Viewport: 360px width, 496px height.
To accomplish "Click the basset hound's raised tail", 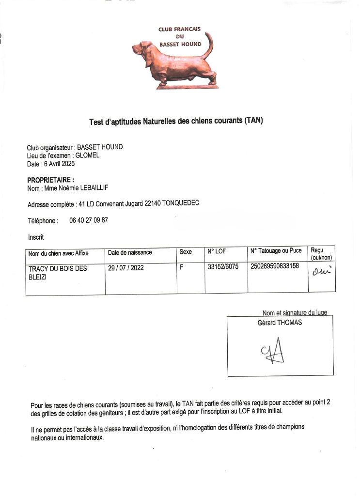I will (x=210, y=46).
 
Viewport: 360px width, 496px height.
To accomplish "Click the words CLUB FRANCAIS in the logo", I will (x=179, y=29).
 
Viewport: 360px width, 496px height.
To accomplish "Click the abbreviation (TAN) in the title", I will (x=253, y=121).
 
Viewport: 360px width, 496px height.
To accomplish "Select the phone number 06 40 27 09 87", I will (x=89, y=220).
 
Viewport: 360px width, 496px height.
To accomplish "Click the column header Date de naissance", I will (x=130, y=252).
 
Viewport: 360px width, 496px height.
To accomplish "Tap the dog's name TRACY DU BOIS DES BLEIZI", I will (x=58, y=273).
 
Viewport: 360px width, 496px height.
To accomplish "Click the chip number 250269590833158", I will (x=275, y=266).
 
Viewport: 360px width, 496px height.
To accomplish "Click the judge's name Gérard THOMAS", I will (x=280, y=323).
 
